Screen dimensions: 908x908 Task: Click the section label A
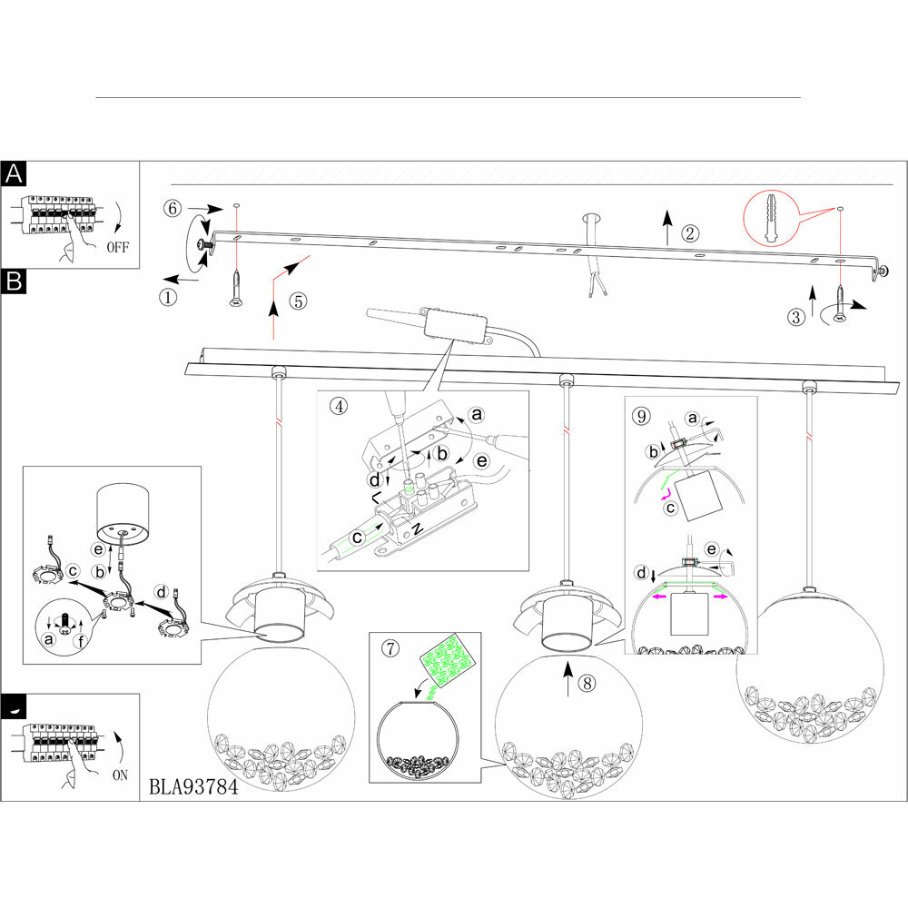15,173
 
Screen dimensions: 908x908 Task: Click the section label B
15,281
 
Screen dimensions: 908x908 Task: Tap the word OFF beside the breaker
117,246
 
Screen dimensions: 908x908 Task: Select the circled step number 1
168,296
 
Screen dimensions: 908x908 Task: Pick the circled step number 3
796,317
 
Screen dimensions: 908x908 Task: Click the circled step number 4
338,406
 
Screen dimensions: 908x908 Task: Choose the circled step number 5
299,301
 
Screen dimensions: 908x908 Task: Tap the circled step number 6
173,208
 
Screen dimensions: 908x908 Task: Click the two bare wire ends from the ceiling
596,289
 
